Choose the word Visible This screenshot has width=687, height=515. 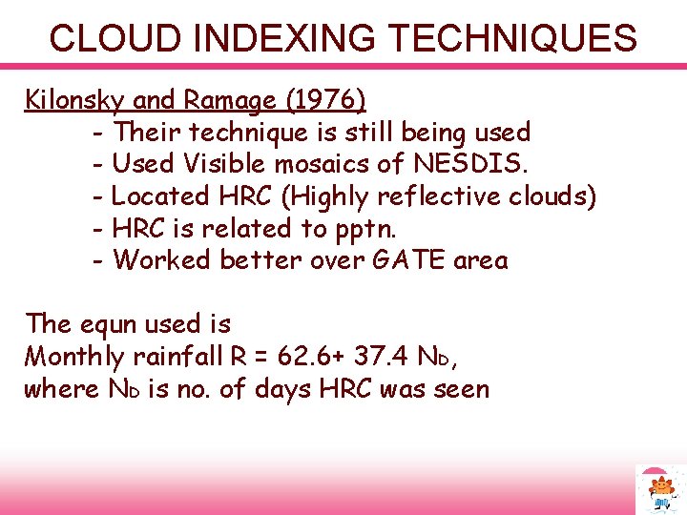coord(225,164)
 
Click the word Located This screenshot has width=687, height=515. coord(159,196)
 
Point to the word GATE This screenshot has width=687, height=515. coord(394,260)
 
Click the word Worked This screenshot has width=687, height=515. coord(162,260)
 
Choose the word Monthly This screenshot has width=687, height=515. coord(74,357)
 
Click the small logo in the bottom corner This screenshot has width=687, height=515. coord(659,489)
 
